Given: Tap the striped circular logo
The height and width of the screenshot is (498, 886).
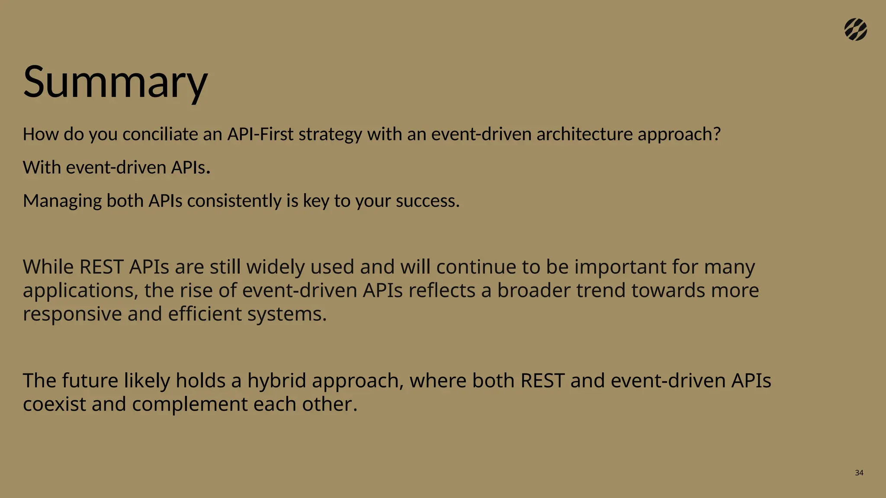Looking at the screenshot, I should tap(855, 30).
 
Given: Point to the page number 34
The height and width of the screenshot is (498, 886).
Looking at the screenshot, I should tap(859, 473).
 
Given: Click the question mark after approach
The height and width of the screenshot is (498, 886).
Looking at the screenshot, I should tap(716, 134).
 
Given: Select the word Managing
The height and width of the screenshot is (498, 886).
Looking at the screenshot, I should tap(62, 201).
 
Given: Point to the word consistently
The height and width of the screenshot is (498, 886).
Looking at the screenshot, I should tap(234, 201).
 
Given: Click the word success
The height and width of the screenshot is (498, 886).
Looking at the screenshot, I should tap(426, 201).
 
